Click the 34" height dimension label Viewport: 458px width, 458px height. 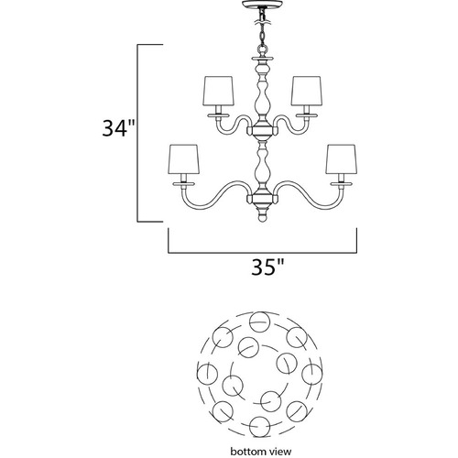click(x=118, y=128)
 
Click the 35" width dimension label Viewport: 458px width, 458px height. click(x=267, y=267)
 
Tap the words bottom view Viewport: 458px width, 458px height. click(x=261, y=452)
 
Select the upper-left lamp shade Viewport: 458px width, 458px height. click(x=218, y=91)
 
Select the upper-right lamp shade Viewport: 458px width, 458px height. click(x=306, y=91)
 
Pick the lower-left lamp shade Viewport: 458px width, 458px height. click(x=184, y=159)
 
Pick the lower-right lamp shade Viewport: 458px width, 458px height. click(x=341, y=159)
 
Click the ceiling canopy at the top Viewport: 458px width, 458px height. click(x=262, y=5)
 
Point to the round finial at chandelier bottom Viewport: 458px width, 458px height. click(x=262, y=218)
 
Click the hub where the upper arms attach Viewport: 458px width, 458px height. click(x=262, y=131)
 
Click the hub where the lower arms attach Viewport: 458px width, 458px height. click(x=262, y=200)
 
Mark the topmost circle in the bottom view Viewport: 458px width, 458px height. click(x=260, y=322)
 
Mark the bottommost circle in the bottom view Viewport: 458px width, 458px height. click(x=260, y=427)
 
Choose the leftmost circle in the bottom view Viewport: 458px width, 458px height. click(x=207, y=373)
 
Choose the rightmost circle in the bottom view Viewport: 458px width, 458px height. click(x=312, y=375)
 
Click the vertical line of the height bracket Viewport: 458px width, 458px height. click(x=137, y=133)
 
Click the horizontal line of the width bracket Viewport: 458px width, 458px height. click(x=263, y=253)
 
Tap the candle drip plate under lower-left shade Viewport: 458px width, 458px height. click(x=184, y=184)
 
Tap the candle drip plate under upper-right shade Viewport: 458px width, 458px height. click(x=306, y=115)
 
